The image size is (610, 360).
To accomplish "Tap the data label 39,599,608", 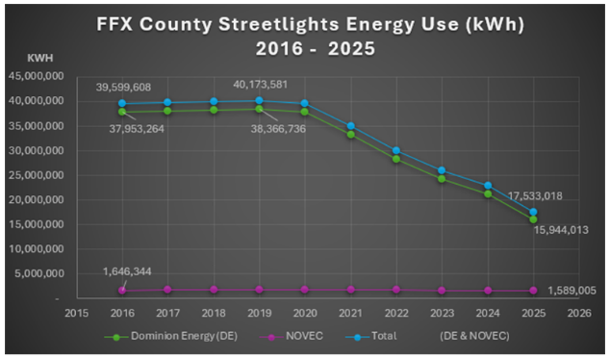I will (x=130, y=88).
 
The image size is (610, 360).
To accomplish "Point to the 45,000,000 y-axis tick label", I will (x=35, y=76).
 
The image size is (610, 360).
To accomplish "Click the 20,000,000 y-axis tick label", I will (x=35, y=199).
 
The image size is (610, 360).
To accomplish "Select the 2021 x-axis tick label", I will (x=350, y=311).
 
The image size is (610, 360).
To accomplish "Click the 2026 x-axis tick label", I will (x=578, y=311).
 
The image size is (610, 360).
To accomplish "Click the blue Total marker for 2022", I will (x=395, y=150).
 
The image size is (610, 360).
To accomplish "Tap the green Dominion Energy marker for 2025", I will (x=532, y=219).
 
